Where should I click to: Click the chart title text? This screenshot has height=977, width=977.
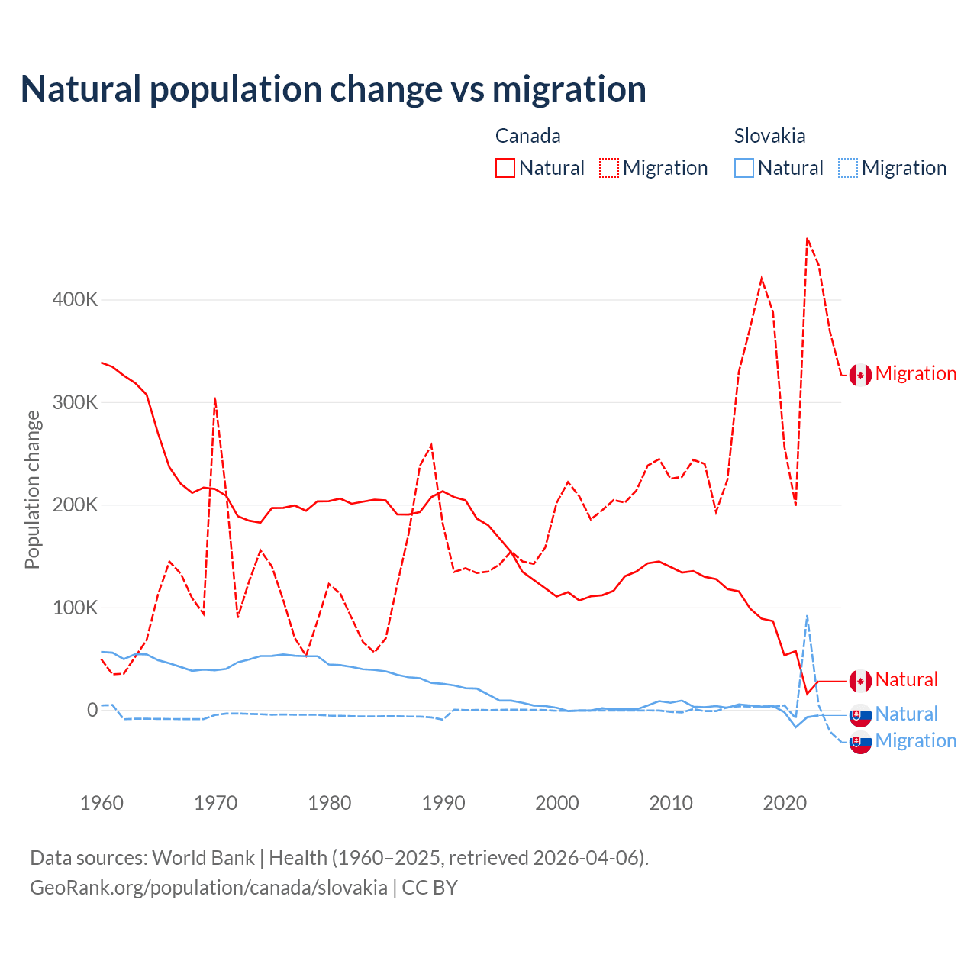(x=334, y=89)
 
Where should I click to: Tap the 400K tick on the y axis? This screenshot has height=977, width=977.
(x=75, y=299)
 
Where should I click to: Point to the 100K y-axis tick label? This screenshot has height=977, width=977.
(x=75, y=608)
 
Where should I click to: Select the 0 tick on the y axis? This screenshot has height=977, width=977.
(x=92, y=710)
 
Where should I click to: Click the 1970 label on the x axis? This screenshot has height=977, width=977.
(x=216, y=803)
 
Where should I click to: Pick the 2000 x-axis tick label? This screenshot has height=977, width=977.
(x=557, y=803)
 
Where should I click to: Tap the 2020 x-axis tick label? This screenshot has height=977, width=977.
(x=785, y=803)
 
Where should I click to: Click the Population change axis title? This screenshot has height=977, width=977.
(x=32, y=489)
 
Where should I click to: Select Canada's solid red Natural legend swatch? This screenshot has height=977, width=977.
(x=505, y=168)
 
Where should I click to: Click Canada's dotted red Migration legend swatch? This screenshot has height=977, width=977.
(x=609, y=168)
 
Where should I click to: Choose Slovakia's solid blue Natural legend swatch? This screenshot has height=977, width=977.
(x=744, y=168)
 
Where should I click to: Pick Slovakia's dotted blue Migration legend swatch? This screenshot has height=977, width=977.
(x=848, y=168)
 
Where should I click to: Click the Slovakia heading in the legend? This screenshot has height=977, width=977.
(x=769, y=136)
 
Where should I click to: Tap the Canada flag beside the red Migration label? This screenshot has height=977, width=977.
(x=860, y=375)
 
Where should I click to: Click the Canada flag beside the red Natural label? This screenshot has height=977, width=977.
(x=860, y=681)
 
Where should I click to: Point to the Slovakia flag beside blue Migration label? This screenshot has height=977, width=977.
(x=860, y=742)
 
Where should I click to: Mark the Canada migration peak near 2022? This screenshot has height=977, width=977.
(x=807, y=238)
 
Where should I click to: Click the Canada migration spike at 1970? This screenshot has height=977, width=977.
(x=215, y=398)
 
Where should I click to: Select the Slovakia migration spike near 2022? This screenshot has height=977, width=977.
(x=807, y=615)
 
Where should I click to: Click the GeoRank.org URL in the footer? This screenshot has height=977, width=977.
(x=208, y=888)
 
